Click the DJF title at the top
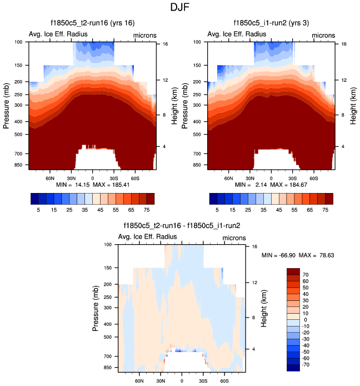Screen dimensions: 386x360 point(179,8)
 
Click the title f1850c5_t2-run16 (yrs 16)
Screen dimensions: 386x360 point(91,23)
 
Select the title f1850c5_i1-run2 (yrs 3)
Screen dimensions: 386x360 point(271,23)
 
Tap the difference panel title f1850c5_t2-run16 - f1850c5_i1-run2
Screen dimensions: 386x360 point(181,226)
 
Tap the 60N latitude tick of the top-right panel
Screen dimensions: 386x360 point(228,179)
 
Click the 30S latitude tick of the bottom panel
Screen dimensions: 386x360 point(203,382)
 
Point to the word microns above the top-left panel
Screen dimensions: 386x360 point(144,36)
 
